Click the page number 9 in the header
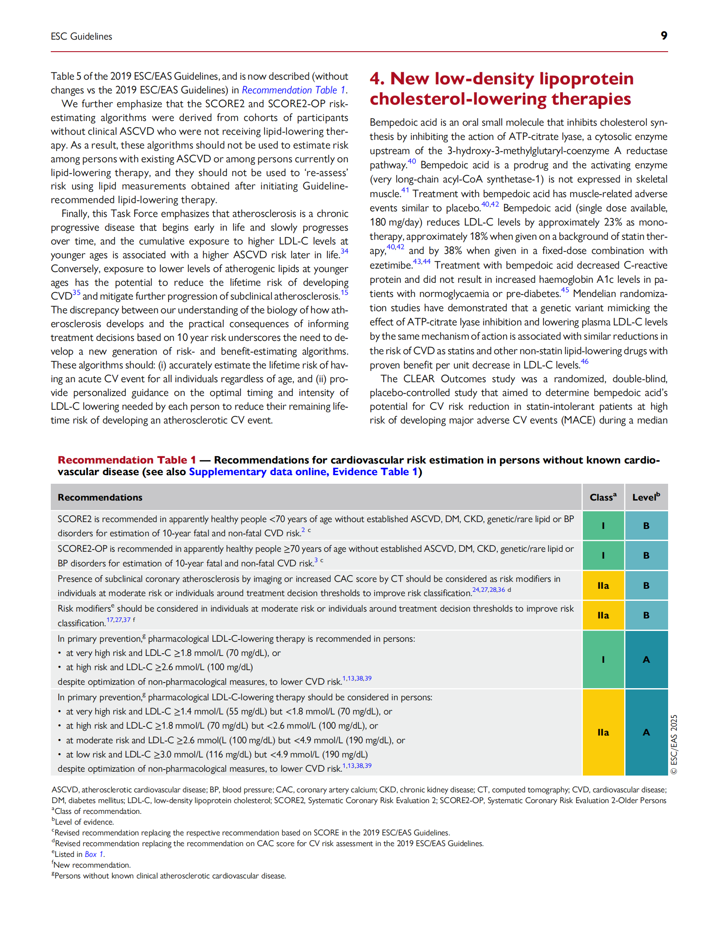coord(663,36)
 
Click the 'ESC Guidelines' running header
coord(81,37)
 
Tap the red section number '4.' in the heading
coord(377,79)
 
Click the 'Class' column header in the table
coord(603,497)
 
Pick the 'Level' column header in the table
coord(646,497)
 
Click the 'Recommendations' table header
coord(100,498)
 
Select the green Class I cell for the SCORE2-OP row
coord(603,555)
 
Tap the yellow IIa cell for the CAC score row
coord(603,585)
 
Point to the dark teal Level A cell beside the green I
coord(646,659)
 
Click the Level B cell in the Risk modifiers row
coord(646,615)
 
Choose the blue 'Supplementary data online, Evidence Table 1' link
coord(303,472)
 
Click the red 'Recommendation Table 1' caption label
coord(127,460)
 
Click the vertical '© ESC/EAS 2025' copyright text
coord(674,744)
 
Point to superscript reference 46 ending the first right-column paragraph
coord(584,362)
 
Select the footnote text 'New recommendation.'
coord(92,865)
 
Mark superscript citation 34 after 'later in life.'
coord(344,251)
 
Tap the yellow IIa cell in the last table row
coord(603,733)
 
